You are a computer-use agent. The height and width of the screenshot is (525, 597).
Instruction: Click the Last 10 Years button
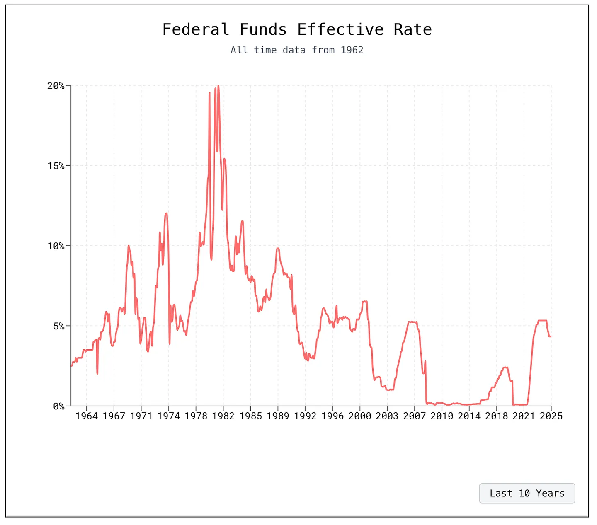[527, 493]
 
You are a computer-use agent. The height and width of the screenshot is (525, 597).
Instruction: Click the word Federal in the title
[195, 30]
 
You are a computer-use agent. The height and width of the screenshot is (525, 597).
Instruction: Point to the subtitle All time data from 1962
[297, 50]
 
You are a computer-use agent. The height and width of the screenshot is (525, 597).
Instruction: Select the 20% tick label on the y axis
[56, 86]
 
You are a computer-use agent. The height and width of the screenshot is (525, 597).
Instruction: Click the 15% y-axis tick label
[56, 166]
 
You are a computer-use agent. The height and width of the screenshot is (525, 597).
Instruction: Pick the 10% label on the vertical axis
[56, 246]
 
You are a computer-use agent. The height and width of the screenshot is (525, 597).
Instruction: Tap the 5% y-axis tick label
[58, 326]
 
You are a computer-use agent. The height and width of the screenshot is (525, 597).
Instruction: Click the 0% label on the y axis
[58, 406]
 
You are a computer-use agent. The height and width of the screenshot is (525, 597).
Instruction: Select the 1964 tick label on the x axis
[87, 416]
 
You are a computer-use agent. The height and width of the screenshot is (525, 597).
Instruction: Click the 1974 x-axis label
[169, 416]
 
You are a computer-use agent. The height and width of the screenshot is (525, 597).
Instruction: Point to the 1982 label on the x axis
[223, 416]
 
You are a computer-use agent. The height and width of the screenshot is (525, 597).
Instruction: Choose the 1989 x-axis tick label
[278, 416]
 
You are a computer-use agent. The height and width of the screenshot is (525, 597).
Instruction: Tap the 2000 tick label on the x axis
[360, 416]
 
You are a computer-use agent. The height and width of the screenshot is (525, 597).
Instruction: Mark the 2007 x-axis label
[415, 416]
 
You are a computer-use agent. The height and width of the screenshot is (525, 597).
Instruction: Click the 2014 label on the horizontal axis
[469, 416]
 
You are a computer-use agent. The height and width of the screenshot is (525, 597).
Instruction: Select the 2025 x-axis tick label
[551, 416]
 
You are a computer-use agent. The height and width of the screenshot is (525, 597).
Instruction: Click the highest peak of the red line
[218, 86]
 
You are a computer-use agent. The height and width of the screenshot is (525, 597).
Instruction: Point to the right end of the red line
[551, 336]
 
